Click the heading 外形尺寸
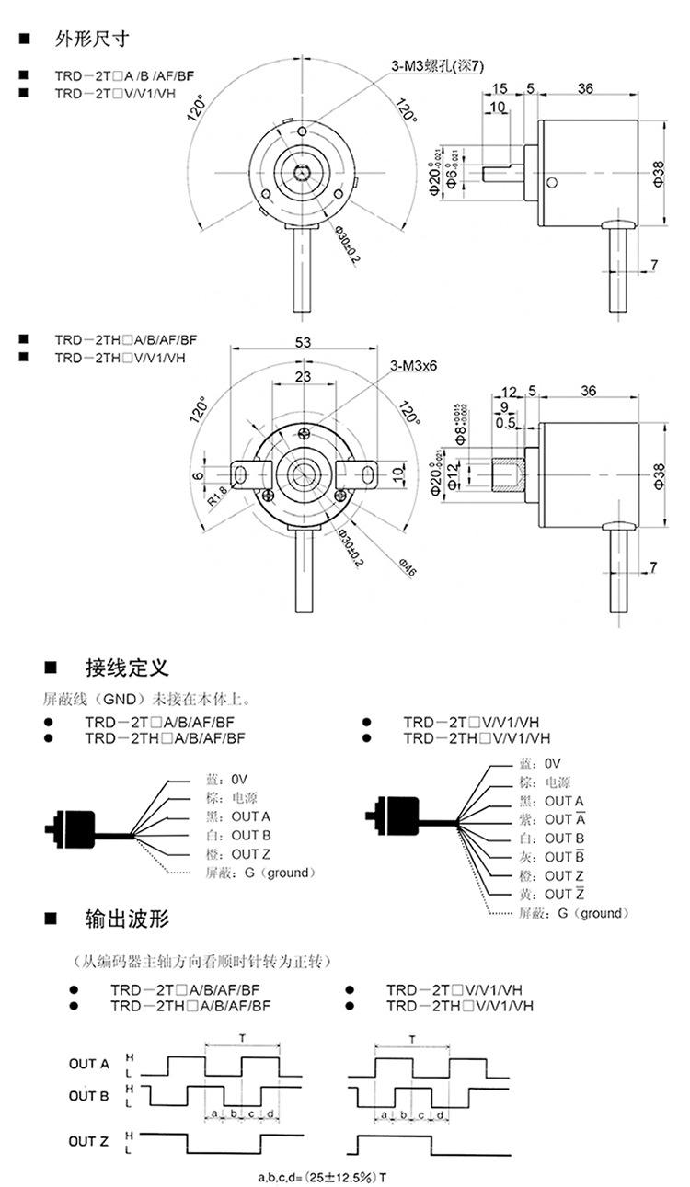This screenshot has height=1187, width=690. [x=92, y=39]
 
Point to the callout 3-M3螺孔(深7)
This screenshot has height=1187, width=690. [x=437, y=65]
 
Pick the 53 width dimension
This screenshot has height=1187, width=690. [x=303, y=342]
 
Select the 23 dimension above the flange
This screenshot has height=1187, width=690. [x=303, y=376]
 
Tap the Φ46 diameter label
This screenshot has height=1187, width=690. [x=407, y=567]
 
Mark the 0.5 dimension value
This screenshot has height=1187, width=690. [x=504, y=423]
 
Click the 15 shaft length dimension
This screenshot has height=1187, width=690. [x=500, y=88]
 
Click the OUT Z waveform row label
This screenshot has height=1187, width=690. [x=88, y=1142]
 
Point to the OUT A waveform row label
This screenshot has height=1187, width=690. [x=88, y=1065]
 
